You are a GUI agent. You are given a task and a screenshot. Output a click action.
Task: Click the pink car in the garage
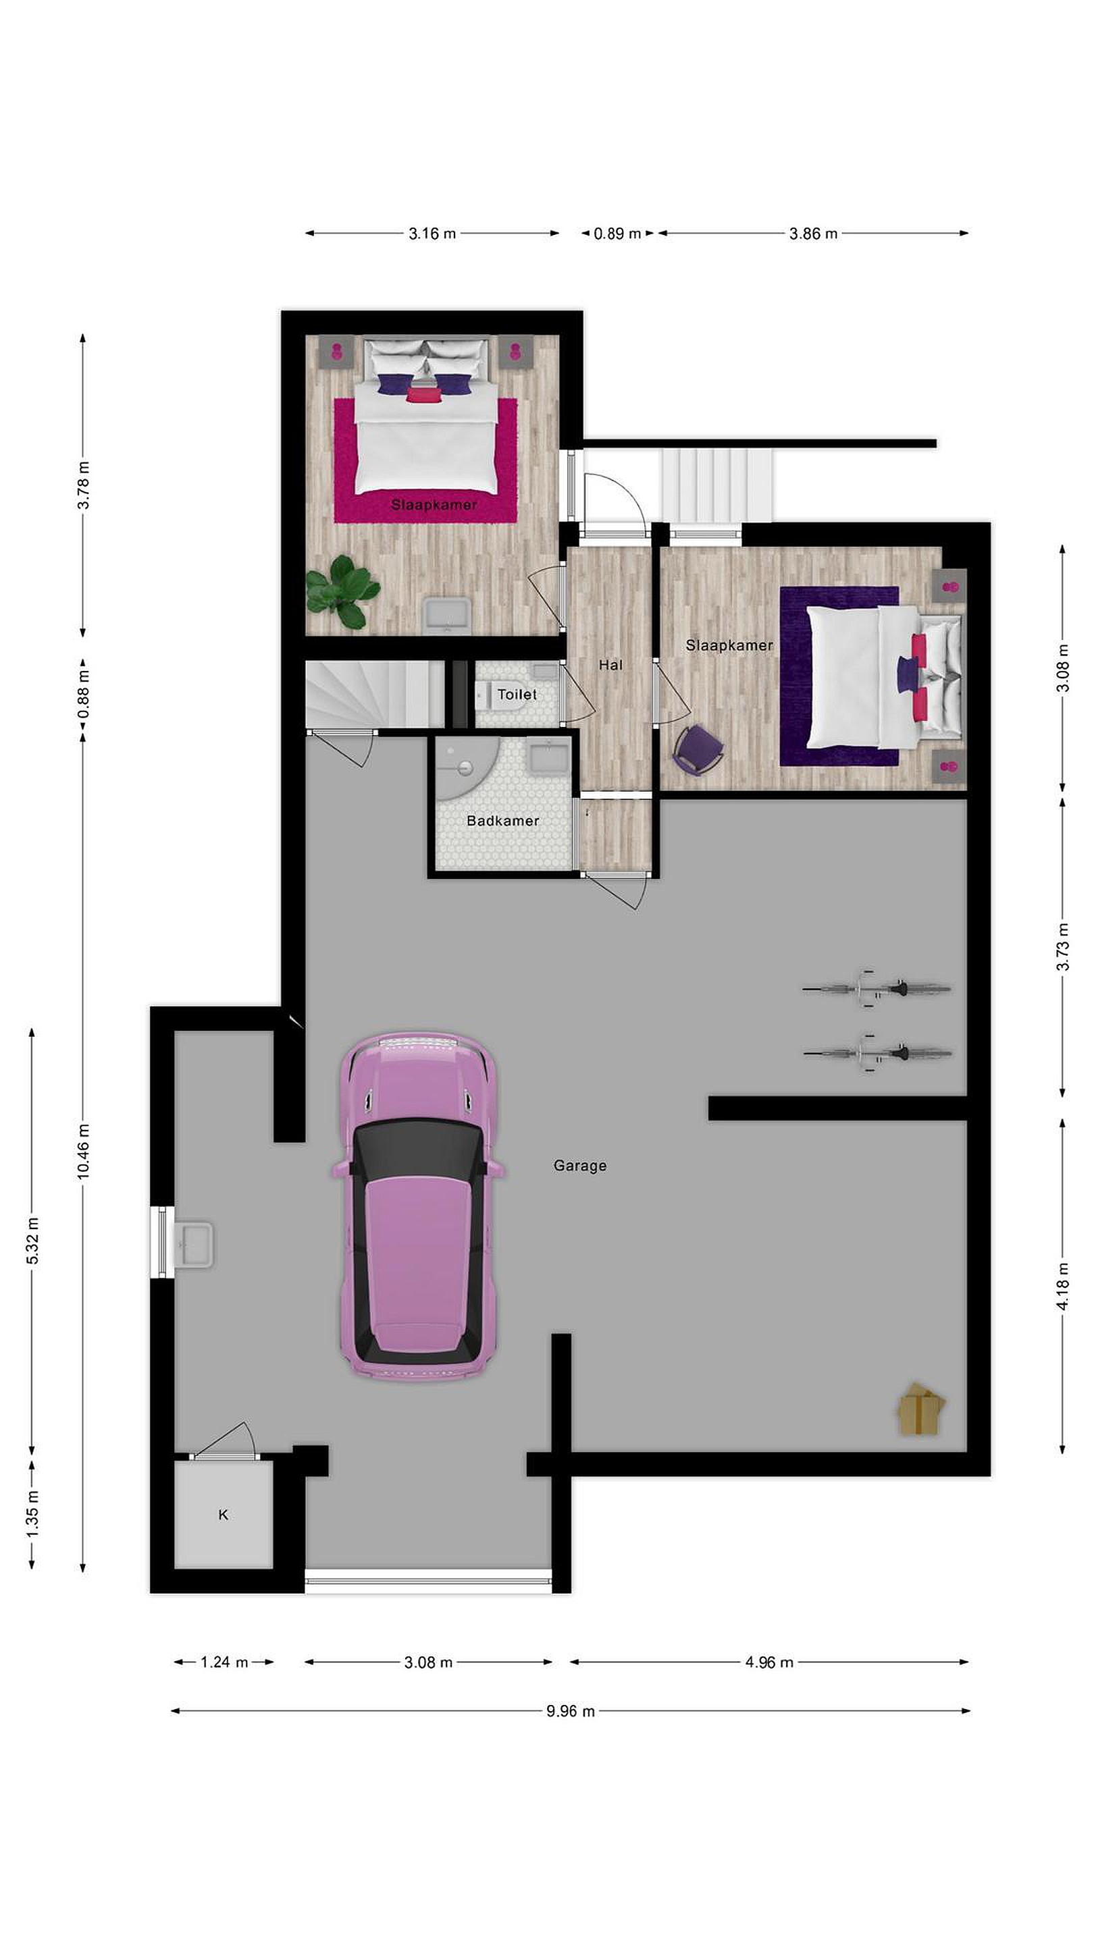coord(418,1207)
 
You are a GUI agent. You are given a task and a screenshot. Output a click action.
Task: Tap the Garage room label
coord(580,1166)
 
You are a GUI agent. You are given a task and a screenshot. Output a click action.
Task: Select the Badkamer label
coord(503,820)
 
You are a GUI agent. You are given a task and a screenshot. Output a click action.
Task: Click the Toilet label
coord(517,695)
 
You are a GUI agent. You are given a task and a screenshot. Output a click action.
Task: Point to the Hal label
coord(610,665)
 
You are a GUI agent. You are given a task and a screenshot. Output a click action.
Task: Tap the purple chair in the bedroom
coord(698,749)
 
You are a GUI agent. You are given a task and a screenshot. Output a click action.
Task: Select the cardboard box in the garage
coord(920,1408)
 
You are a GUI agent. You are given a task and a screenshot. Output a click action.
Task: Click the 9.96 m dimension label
coord(571,1712)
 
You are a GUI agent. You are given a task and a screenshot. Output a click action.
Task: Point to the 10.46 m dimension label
coord(83,1151)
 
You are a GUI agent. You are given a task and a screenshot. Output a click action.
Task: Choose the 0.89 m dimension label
coord(618,234)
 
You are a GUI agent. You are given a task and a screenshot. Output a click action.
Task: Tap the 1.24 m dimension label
coord(224,1662)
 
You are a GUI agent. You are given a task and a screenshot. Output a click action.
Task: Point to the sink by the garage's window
coord(193,1245)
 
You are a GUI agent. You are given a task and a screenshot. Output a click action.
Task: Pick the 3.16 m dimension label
coord(433,234)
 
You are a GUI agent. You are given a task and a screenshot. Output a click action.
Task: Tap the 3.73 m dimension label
coord(1063,947)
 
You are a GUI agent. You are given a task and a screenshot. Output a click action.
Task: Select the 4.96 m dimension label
coord(769,1662)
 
